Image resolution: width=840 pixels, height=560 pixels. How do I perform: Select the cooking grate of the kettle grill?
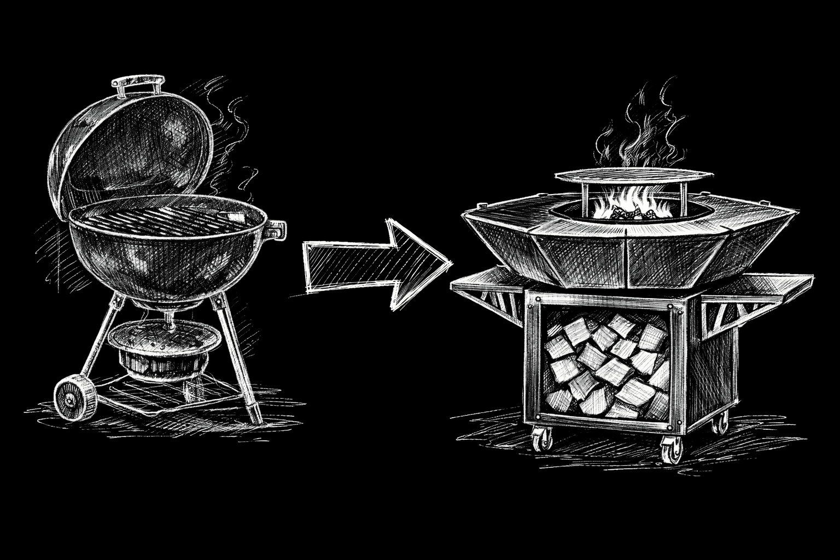pos(164,217)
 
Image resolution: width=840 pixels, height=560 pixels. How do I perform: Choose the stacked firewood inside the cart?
pos(607,366)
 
